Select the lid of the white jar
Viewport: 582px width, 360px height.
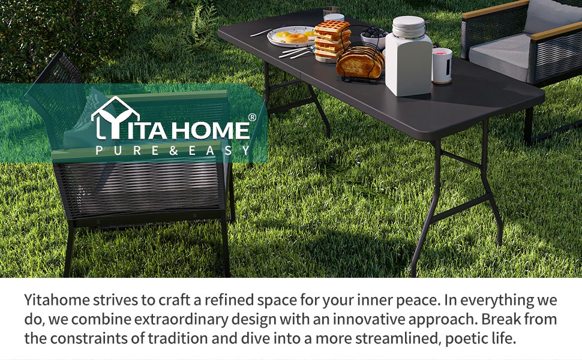click(408, 26)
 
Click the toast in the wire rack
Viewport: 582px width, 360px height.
click(360, 62)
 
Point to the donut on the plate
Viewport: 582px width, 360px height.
click(296, 37)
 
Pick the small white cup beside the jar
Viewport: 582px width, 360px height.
click(442, 65)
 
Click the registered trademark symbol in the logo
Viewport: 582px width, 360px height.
click(251, 117)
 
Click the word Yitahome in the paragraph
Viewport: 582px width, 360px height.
click(57, 300)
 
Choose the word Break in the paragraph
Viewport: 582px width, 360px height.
click(502, 319)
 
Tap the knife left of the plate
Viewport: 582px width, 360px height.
click(261, 32)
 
